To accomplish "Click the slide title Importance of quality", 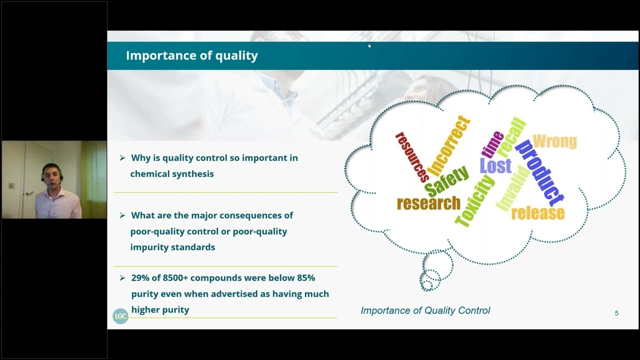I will click(x=191, y=55).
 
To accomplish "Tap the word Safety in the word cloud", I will click(x=446, y=181).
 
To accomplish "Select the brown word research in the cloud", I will click(x=428, y=203).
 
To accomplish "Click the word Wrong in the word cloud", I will click(x=554, y=141).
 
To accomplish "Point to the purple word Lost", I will click(x=495, y=165).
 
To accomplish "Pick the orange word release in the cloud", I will click(x=537, y=213).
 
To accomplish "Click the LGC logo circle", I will click(x=120, y=316).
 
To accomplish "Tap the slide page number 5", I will click(x=616, y=313).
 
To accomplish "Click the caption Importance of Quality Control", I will click(x=425, y=310).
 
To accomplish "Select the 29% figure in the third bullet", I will click(x=141, y=278).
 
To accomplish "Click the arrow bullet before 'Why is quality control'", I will click(x=122, y=158).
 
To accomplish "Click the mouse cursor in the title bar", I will click(x=369, y=46).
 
